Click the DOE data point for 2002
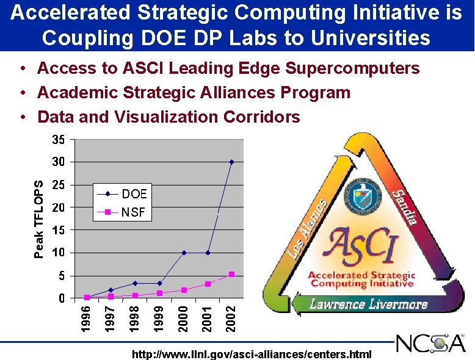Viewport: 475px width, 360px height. click(231, 162)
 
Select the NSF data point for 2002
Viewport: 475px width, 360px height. click(231, 275)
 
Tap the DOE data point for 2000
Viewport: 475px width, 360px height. click(183, 252)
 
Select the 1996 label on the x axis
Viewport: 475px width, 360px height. click(87, 319)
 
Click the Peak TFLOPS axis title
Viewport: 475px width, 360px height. click(38, 219)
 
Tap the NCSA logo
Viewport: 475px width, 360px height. click(430, 344)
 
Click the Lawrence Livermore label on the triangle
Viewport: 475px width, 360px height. click(368, 303)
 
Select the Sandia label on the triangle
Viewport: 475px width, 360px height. click(404, 207)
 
